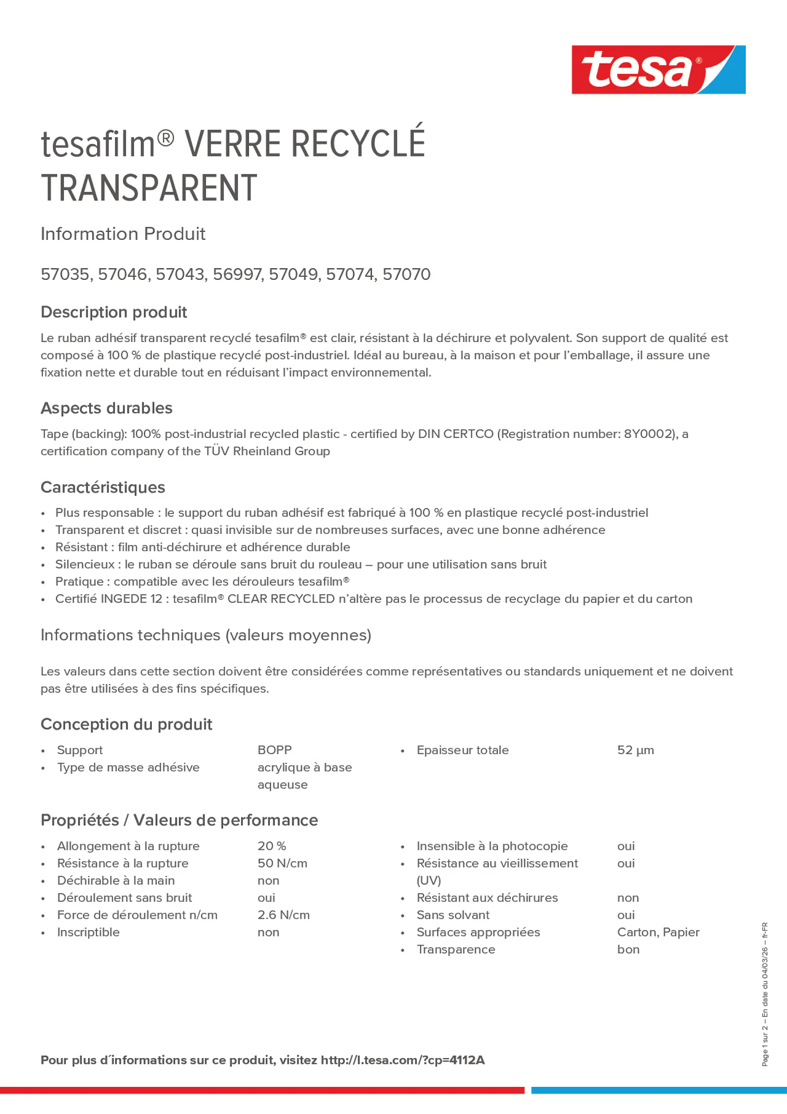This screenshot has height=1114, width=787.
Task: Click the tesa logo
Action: [658, 69]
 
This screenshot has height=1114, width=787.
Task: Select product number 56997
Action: [238, 274]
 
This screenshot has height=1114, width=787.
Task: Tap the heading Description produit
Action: [113, 312]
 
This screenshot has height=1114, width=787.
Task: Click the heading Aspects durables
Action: [106, 408]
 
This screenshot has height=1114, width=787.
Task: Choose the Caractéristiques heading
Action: [103, 487]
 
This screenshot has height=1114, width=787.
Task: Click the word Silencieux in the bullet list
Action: [84, 564]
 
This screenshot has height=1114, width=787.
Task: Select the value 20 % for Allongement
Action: [272, 846]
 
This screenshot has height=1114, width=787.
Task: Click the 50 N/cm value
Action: [282, 863]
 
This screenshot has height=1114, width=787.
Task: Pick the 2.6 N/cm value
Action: [283, 915]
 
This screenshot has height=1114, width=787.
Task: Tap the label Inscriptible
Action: [88, 932]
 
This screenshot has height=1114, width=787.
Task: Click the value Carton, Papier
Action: [658, 932]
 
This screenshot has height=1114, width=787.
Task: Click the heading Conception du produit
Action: [126, 724]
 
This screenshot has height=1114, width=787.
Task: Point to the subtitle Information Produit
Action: [123, 234]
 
